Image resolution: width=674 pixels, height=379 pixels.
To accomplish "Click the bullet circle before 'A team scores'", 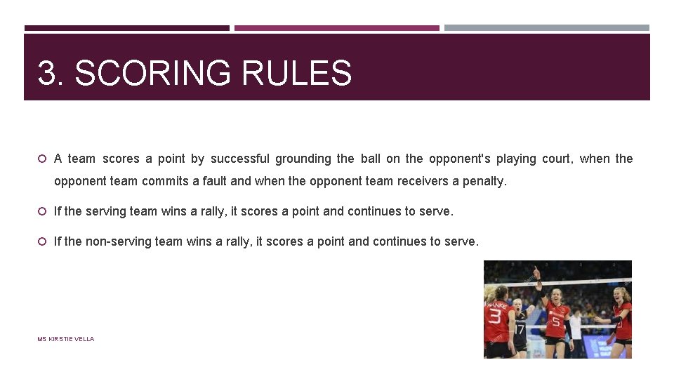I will (x=42, y=159).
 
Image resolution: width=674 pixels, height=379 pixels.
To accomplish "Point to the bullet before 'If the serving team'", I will (x=42, y=211).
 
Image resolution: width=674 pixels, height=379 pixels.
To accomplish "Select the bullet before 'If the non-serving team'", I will (x=42, y=241).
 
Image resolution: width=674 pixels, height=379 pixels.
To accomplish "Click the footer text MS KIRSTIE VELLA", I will (x=65, y=339).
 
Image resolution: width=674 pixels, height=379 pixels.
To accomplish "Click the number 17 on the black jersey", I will (x=519, y=328).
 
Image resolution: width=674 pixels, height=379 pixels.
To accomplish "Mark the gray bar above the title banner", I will (x=547, y=28).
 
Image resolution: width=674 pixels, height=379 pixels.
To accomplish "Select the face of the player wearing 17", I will (x=517, y=305).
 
